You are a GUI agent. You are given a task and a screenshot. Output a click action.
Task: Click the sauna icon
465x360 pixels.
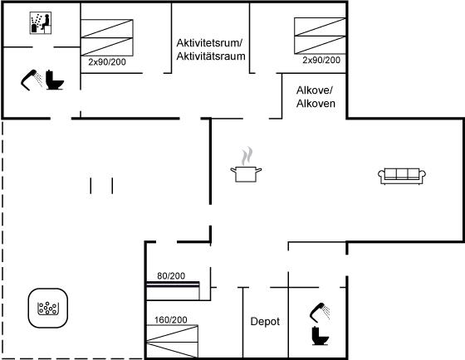(41, 23)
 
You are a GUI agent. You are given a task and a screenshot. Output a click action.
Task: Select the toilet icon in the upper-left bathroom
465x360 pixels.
(55, 80)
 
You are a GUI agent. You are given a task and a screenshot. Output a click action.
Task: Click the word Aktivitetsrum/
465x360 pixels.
(209, 43)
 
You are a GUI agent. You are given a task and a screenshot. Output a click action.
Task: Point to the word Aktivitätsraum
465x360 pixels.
(211, 56)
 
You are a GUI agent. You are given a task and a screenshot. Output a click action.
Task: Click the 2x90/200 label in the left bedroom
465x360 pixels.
(107, 62)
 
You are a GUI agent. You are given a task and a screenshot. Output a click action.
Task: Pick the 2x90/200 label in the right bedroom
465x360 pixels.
(321, 61)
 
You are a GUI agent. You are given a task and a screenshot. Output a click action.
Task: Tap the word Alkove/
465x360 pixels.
(315, 90)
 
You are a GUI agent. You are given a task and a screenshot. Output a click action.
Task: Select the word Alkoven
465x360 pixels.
(316, 104)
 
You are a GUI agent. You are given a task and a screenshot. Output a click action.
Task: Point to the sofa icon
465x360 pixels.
(402, 177)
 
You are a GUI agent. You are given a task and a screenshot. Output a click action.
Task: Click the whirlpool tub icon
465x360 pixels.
(48, 308)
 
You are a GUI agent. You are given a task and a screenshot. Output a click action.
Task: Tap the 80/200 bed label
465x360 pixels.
(171, 276)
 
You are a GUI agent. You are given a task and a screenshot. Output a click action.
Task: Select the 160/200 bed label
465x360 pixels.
(171, 319)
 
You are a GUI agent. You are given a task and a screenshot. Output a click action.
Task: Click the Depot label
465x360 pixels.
(265, 322)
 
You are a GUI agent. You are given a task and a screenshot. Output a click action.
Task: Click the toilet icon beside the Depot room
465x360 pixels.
(321, 336)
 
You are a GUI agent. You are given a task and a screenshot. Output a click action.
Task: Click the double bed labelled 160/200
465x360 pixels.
(173, 341)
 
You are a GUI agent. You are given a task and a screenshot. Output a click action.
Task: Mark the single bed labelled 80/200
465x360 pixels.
(173, 291)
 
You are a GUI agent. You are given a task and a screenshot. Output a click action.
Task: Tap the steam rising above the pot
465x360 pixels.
(247, 156)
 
